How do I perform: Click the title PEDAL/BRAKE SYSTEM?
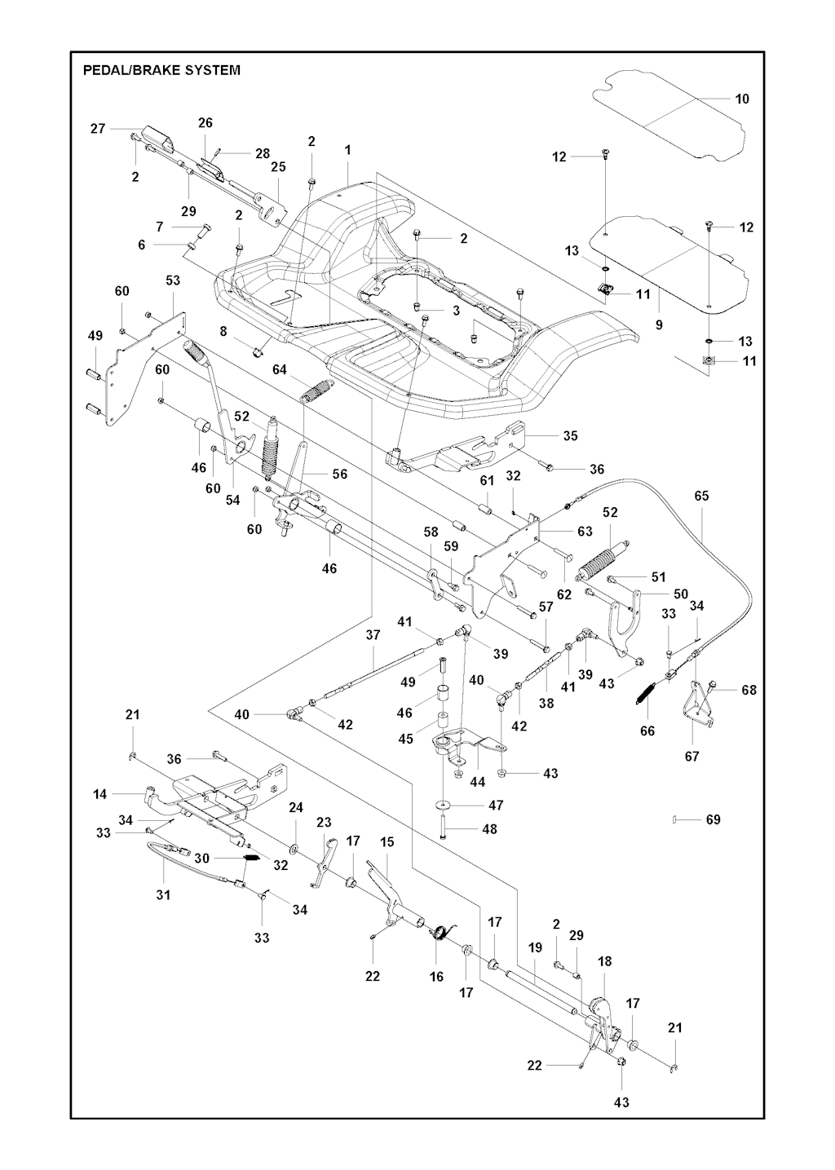click(161, 70)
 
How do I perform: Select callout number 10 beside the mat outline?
click(741, 99)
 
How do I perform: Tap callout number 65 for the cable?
click(701, 496)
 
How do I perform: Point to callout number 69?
click(713, 819)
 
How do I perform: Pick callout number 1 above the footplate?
click(347, 150)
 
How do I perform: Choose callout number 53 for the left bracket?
click(173, 280)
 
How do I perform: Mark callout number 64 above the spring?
click(280, 369)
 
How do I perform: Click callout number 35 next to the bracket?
click(570, 435)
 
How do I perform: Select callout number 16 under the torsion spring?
click(436, 976)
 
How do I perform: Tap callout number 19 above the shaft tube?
click(535, 948)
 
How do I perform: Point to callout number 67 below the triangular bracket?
click(691, 757)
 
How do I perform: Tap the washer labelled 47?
click(444, 806)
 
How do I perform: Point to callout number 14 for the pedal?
click(100, 793)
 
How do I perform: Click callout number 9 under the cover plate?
click(659, 325)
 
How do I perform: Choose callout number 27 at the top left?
click(98, 128)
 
